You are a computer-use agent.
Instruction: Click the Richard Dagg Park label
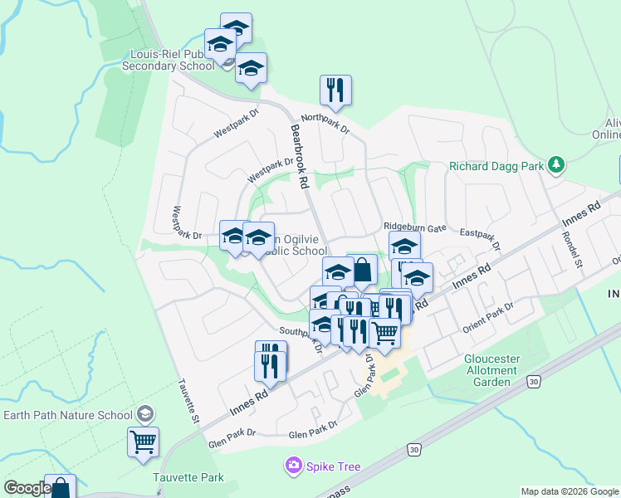click(496, 166)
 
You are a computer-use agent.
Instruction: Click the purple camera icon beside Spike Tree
click(293, 466)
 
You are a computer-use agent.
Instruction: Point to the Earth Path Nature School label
click(67, 415)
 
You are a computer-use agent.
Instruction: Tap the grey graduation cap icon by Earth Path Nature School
click(144, 414)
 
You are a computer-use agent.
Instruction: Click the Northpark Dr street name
click(325, 123)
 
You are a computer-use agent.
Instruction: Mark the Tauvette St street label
click(188, 402)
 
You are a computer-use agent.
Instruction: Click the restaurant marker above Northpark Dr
click(335, 90)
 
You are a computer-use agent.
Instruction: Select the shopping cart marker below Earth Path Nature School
click(143, 442)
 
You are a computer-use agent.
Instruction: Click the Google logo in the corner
click(27, 488)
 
